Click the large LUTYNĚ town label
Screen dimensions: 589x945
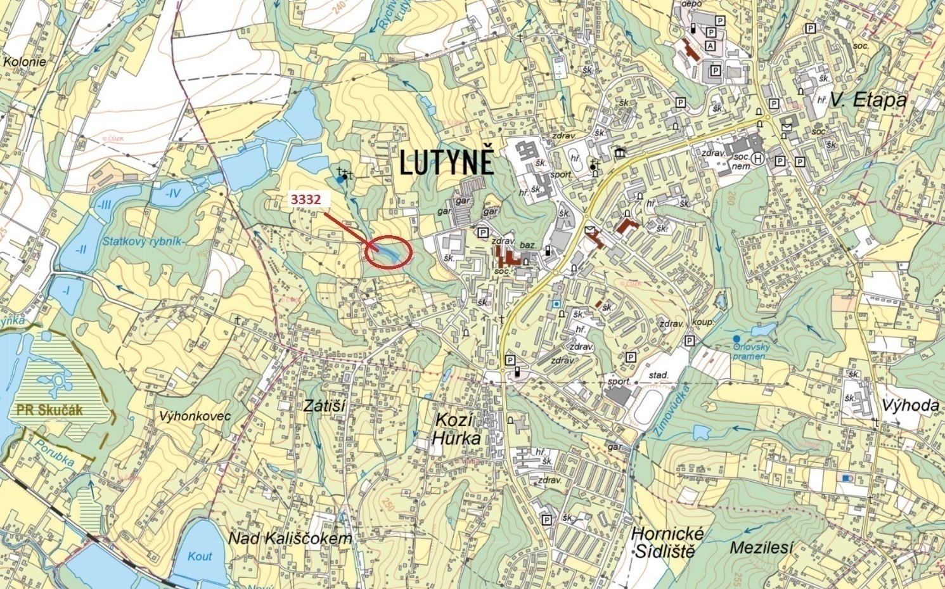tap(447, 164)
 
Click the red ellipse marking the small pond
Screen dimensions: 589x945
tap(389, 252)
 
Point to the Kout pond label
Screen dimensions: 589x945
tap(200, 556)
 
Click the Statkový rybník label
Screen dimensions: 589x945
tap(142, 241)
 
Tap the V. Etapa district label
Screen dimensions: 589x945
tap(861, 100)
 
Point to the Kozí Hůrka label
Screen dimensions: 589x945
tap(458, 429)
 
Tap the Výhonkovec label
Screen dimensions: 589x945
tap(195, 416)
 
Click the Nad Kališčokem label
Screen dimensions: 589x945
tap(290, 539)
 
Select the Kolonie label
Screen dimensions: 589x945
tap(25, 61)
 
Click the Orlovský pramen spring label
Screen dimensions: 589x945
tap(749, 351)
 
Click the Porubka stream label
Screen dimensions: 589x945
tap(55, 453)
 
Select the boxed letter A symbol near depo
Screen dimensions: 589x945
tap(710, 46)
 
